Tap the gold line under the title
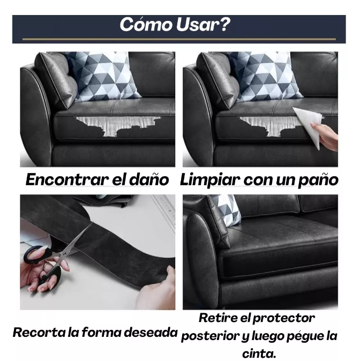179,39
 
